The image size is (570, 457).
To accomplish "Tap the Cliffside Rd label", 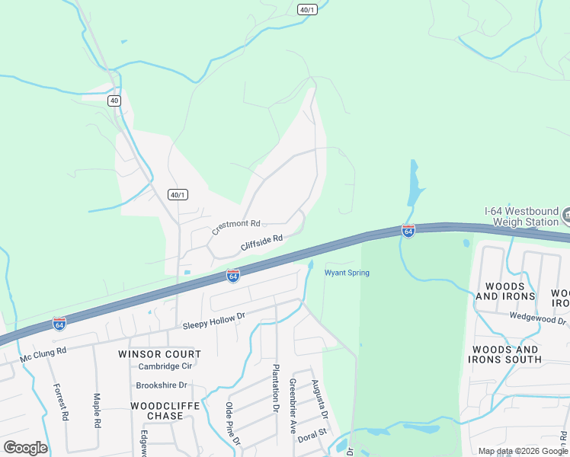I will coord(261,242).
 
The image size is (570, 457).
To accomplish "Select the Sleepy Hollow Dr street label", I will coord(213,321).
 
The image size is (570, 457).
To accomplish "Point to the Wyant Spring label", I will coord(347,273).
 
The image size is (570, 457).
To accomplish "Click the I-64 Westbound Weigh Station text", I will coord(521,216).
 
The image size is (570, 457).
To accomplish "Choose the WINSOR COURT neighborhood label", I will coord(160,354).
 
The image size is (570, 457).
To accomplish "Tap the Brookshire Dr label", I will coord(162,385).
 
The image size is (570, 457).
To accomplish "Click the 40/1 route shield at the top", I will coord(307,8).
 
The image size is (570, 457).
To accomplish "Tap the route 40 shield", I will coord(114,101).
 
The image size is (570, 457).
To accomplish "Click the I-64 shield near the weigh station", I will coord(408,230).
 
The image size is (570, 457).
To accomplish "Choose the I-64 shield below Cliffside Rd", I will coord(233,275).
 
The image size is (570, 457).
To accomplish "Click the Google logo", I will coord(25,448).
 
